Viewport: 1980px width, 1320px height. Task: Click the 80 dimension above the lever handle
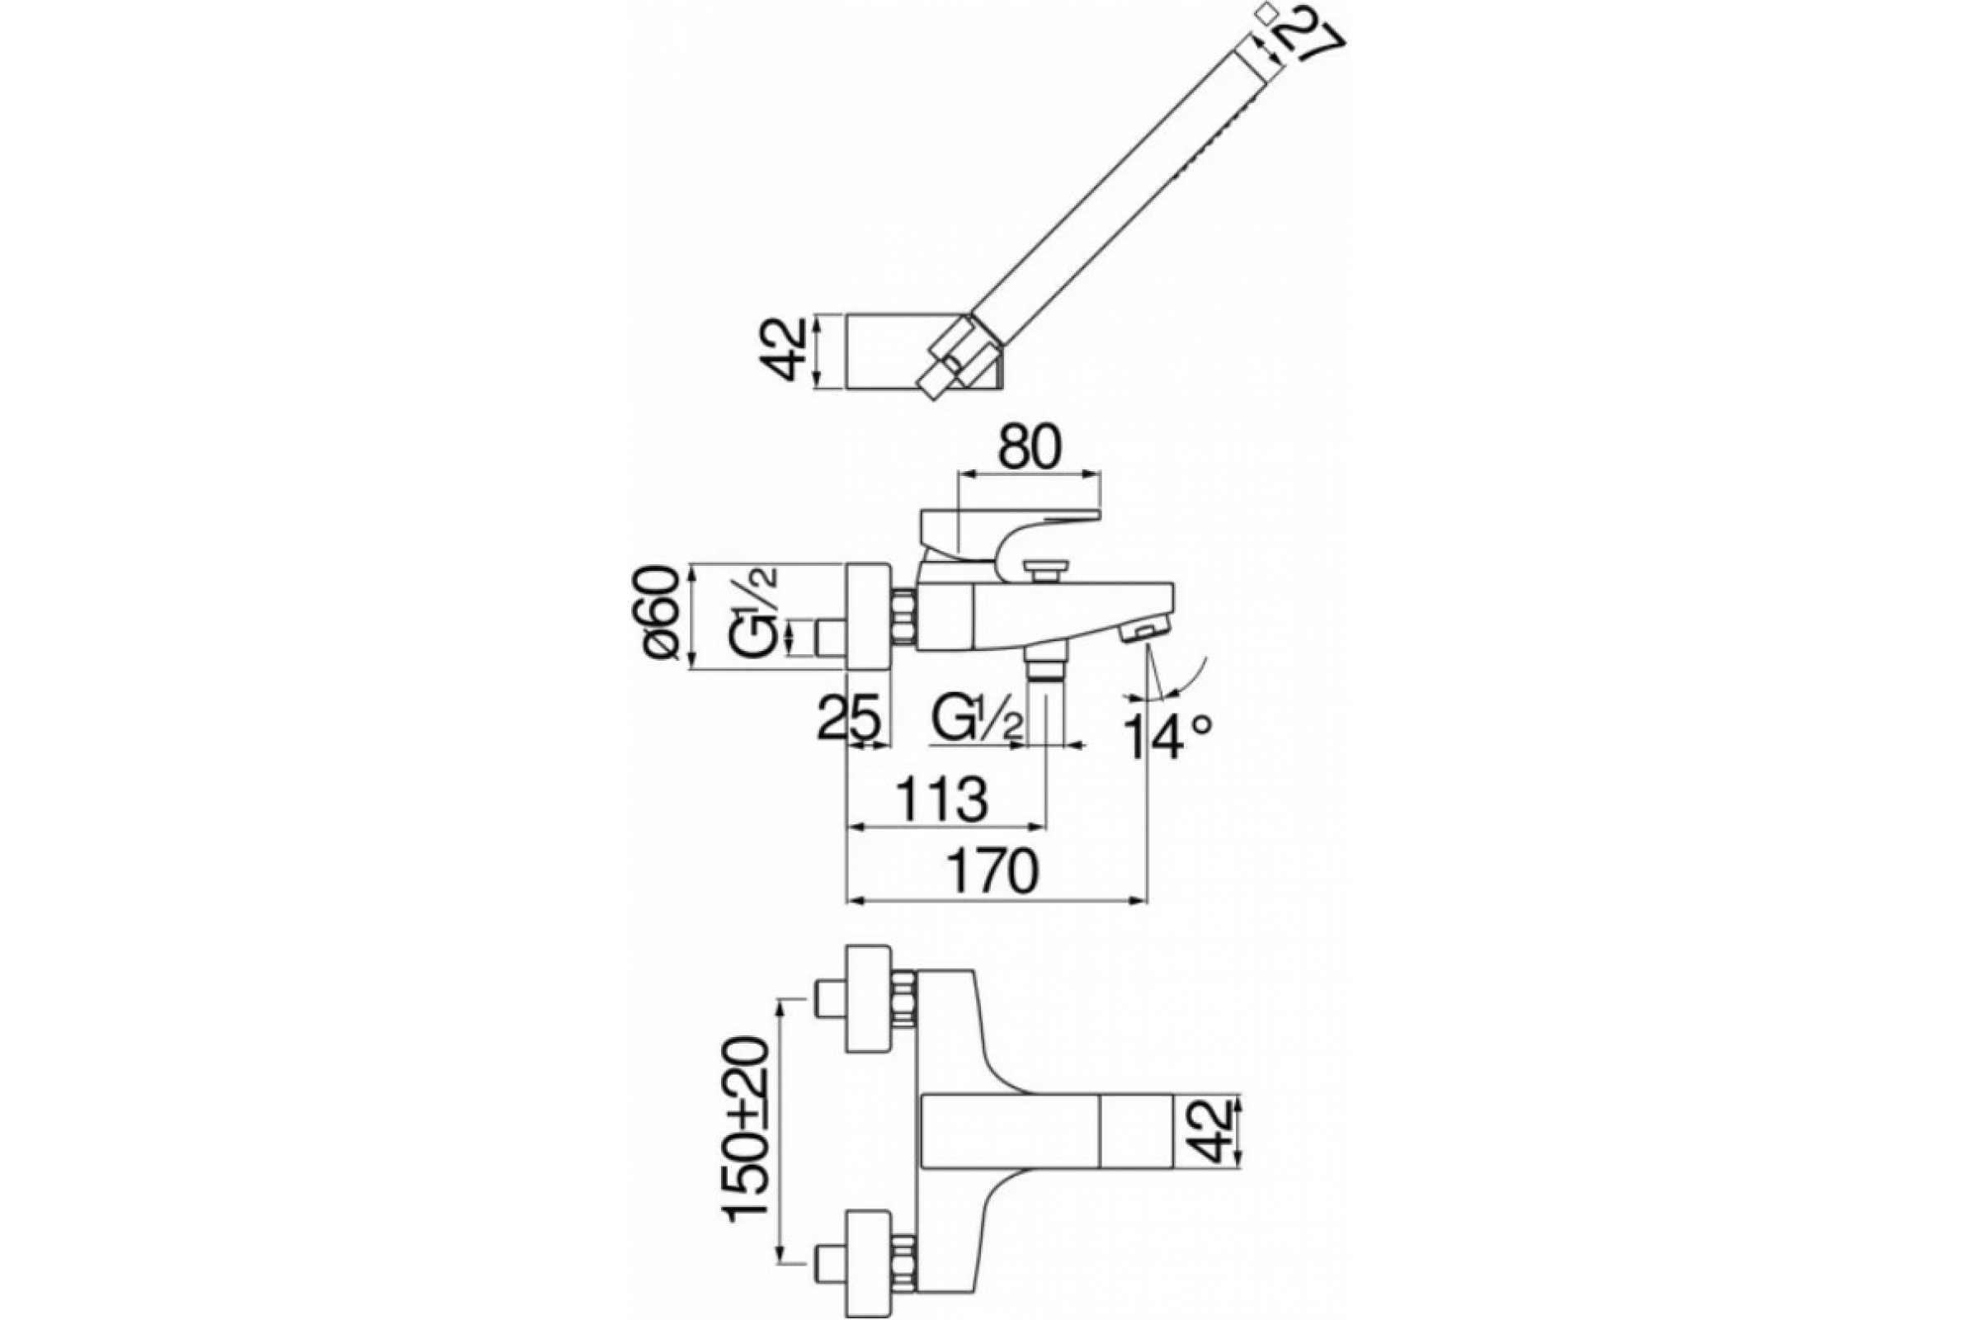click(x=1030, y=450)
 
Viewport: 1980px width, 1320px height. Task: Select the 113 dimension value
click(x=940, y=799)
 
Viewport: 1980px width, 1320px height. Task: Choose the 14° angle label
click(x=1170, y=735)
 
